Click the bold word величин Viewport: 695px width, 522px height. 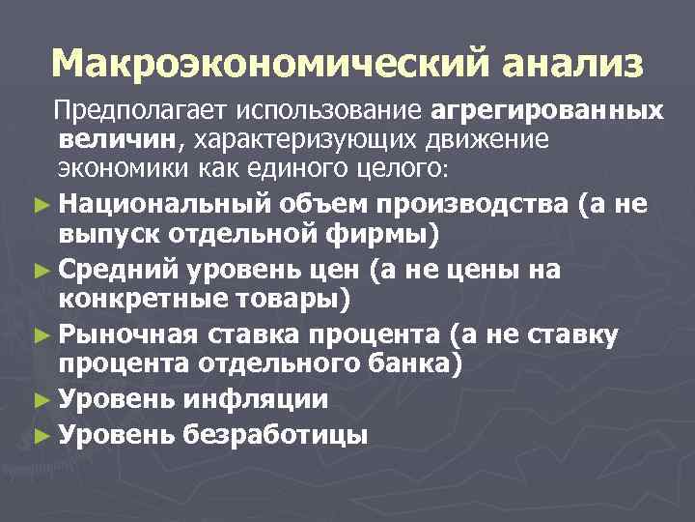coord(116,140)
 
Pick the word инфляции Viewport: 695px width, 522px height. coord(259,399)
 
